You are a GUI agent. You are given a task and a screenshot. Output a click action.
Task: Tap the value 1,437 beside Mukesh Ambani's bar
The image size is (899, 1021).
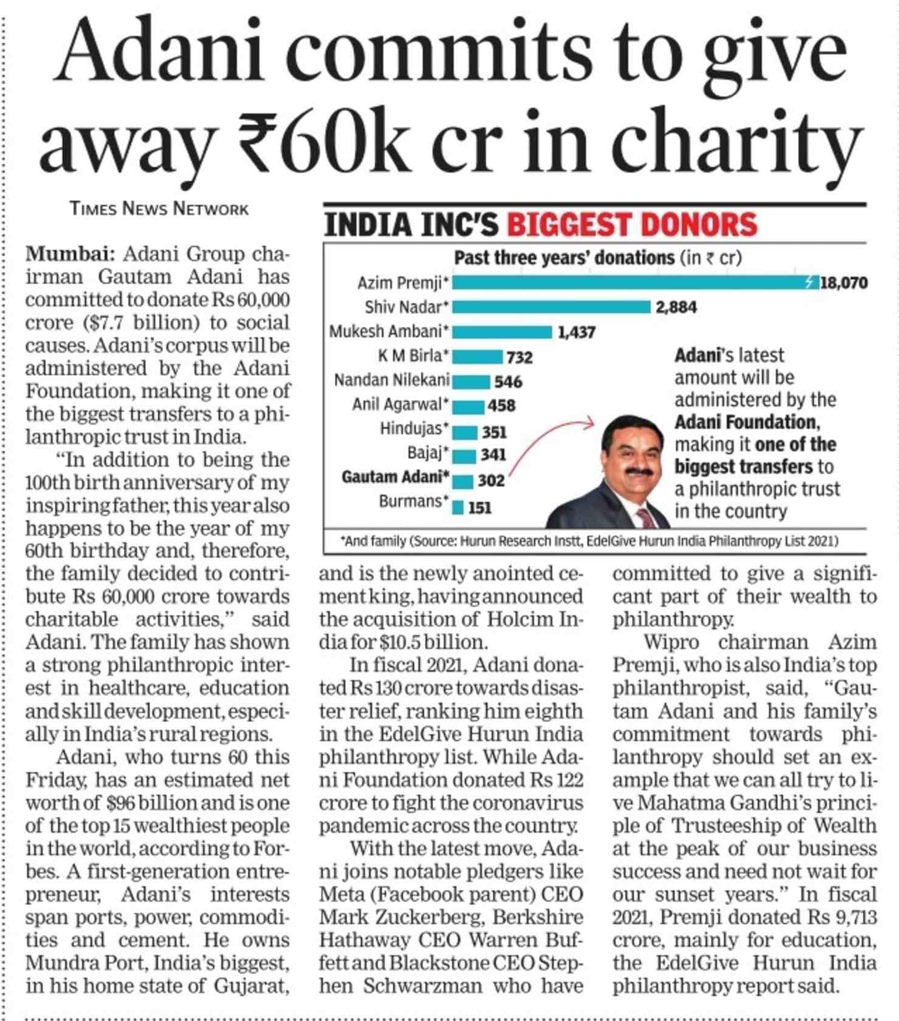point(576,332)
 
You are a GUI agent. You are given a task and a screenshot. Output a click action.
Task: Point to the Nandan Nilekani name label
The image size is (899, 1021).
point(392,381)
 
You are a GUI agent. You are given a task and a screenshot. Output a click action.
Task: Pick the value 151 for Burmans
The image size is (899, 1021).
point(479,508)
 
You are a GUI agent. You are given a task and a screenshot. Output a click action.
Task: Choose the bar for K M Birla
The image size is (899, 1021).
point(477,357)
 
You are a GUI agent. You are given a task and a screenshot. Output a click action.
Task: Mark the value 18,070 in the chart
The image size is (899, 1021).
point(843,283)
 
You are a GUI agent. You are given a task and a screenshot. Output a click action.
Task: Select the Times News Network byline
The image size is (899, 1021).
point(159,209)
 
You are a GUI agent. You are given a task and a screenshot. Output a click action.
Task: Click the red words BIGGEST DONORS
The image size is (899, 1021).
point(632,224)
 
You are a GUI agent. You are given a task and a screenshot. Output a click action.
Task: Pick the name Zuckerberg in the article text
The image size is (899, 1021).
point(425,917)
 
